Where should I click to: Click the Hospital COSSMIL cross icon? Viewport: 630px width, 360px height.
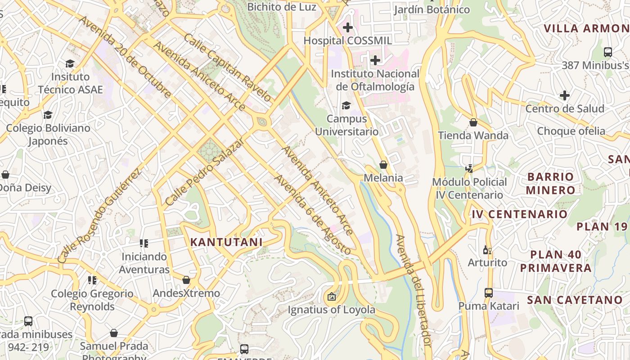tap(347, 27)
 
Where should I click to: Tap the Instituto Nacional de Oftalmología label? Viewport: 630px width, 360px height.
tap(375, 80)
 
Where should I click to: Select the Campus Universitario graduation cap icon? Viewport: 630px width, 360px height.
tap(346, 106)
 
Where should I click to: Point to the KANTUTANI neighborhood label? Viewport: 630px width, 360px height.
tap(226, 242)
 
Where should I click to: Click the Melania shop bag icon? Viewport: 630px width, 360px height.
tap(383, 165)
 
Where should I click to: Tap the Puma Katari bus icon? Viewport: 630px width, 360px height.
tap(489, 293)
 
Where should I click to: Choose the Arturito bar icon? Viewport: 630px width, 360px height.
tap(486, 250)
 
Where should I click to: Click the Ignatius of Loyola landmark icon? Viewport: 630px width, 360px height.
tap(332, 297)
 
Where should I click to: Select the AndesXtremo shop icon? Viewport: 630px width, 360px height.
tap(186, 280)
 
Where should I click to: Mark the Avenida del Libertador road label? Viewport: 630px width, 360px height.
tap(413, 290)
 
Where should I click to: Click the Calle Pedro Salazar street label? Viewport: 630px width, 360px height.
tap(205, 171)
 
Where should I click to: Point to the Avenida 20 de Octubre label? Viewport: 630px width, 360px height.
tap(125, 57)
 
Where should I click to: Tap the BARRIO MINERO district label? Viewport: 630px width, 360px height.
tap(550, 183)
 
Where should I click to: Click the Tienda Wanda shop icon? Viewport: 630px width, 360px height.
tap(473, 122)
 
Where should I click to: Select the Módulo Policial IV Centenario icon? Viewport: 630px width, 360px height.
tap(469, 169)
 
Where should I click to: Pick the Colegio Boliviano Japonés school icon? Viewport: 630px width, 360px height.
tap(48, 115)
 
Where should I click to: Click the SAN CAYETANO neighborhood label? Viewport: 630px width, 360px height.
tap(575, 300)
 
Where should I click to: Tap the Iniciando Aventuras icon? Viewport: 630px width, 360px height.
tap(144, 243)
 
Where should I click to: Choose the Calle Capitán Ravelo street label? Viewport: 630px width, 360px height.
tap(227, 67)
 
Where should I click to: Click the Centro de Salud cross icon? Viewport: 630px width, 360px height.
tap(565, 95)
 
